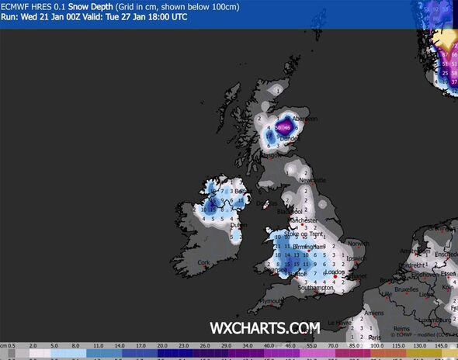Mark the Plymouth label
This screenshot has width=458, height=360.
click(269, 301)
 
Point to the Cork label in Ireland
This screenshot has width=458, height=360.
click(204, 263)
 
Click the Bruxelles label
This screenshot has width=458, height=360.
click(407, 289)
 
